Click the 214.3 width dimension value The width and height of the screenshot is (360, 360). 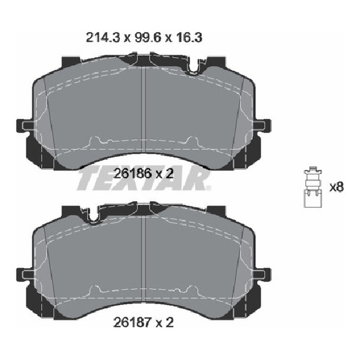tap(103, 37)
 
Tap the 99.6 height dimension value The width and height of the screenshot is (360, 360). tap(147, 37)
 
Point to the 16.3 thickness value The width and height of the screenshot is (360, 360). tap(189, 37)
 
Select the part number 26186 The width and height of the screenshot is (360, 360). tap(132, 174)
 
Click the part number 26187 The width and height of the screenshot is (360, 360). tap(132, 323)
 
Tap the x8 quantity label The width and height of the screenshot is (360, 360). tap(336, 187)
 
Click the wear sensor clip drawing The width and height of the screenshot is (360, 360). tap(313, 187)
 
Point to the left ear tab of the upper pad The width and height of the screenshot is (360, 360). tap(24, 125)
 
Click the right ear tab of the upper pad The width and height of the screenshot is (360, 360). tap(264, 125)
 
